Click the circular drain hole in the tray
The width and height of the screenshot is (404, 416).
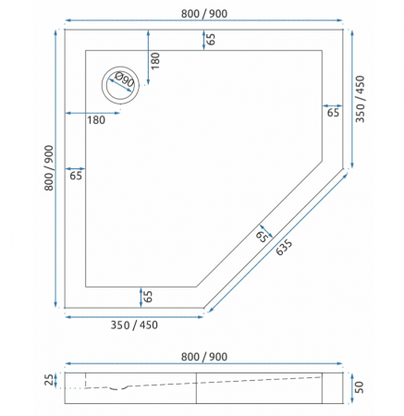(118, 85)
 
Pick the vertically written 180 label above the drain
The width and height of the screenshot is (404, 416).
(155, 60)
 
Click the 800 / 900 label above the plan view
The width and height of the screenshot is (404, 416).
(204, 13)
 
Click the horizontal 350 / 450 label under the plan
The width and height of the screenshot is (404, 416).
(135, 325)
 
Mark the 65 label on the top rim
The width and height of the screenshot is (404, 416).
(211, 39)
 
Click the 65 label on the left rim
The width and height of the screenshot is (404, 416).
(76, 175)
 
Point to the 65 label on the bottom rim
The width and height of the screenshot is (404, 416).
(148, 297)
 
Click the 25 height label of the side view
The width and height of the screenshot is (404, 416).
(49, 380)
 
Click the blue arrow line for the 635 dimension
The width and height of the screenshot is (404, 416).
(282, 242)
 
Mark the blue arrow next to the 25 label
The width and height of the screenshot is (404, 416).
(59, 380)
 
